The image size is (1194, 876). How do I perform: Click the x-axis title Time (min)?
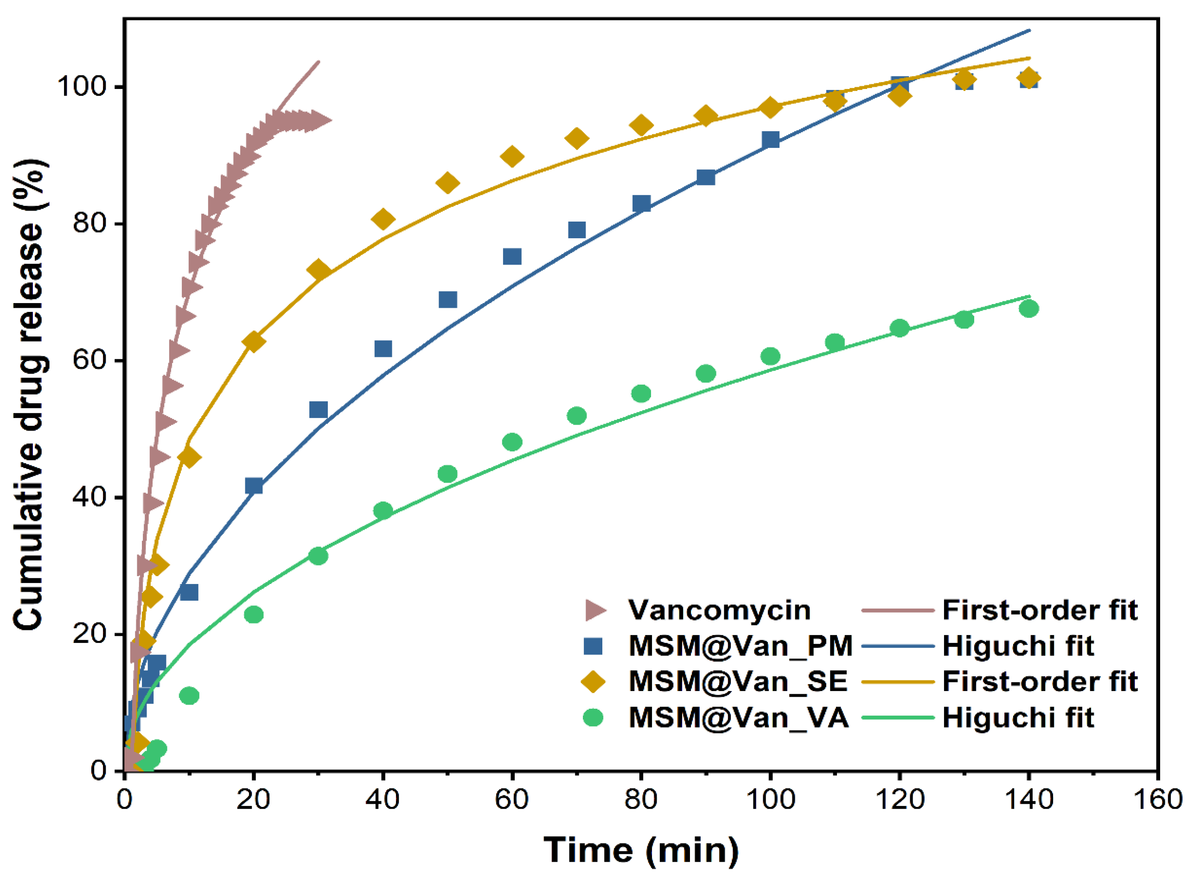641,850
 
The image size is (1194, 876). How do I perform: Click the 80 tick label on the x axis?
641,799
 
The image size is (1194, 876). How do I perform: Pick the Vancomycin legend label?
719,610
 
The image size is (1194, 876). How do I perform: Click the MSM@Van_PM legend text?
741,646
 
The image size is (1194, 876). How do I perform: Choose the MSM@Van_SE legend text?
738,681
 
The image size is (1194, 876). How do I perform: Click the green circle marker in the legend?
593,717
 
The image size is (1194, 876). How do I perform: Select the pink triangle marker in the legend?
594,610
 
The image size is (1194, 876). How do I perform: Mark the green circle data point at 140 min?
1028,309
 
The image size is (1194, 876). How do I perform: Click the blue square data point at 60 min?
512,257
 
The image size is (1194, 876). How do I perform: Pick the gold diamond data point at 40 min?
383,219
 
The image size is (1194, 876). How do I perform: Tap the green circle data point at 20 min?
254,615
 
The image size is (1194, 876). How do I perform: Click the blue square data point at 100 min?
770,140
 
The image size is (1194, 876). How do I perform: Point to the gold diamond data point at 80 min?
641,126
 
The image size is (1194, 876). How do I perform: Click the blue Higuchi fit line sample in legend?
898,646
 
